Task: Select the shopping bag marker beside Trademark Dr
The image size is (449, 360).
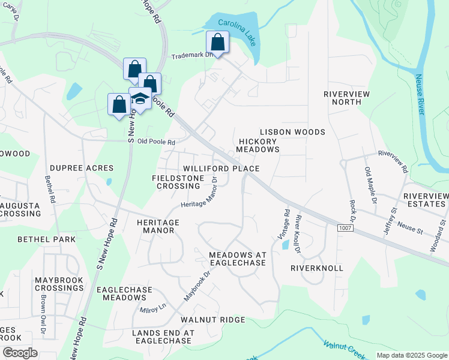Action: [217, 43]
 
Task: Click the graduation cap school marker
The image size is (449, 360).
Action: [140, 99]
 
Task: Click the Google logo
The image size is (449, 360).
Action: [20, 353]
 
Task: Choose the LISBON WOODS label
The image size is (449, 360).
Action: [292, 132]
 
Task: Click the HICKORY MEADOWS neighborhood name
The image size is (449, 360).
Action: [258, 145]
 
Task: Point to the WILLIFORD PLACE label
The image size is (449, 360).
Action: [221, 169]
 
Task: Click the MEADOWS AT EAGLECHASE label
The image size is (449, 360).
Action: [237, 259]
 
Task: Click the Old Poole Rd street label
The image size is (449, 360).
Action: [156, 142]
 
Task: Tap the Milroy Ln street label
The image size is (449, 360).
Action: [152, 310]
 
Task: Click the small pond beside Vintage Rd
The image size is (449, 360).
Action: [285, 245]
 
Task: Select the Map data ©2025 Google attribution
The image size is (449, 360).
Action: [412, 355]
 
